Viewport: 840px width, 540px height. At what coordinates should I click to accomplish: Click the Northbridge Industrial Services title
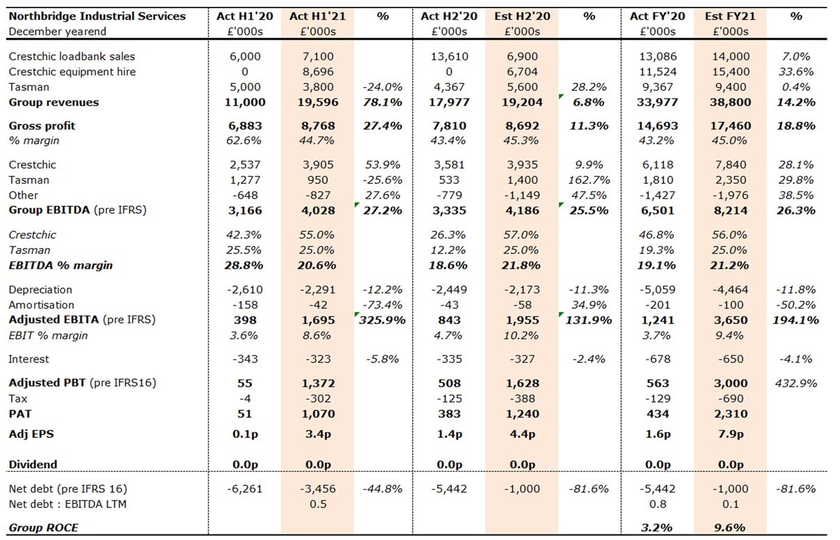[97, 16]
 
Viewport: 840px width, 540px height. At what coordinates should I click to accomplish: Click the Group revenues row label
[53, 102]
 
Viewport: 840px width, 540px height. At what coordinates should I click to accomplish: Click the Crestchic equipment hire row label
[72, 71]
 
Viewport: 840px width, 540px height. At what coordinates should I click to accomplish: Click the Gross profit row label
[42, 126]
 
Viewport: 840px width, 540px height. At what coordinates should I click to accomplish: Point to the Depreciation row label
[40, 289]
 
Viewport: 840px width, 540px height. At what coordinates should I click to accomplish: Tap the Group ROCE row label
[43, 528]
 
